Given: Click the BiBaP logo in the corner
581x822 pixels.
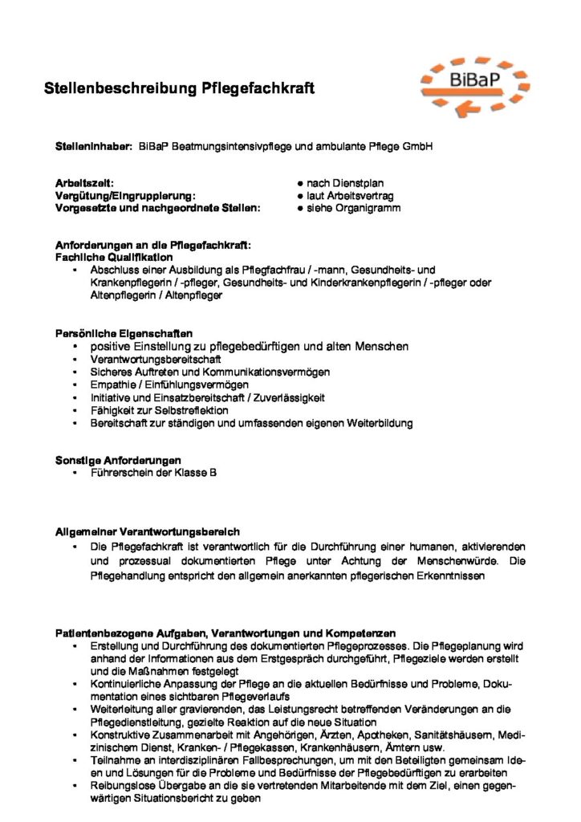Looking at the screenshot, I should [x=475, y=83].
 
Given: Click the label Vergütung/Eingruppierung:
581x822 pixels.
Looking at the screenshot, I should [x=124, y=196].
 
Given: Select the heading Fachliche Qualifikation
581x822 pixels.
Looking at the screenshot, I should [x=113, y=257].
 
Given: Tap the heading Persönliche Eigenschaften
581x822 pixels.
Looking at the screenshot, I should [x=123, y=333].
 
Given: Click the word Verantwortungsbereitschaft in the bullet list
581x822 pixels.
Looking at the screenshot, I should [x=144, y=359].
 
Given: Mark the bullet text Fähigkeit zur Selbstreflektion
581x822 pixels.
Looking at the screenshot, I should [x=160, y=410].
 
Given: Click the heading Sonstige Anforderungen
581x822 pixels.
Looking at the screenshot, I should [x=118, y=461].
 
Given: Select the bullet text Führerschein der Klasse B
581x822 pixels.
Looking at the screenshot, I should [x=153, y=473].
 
